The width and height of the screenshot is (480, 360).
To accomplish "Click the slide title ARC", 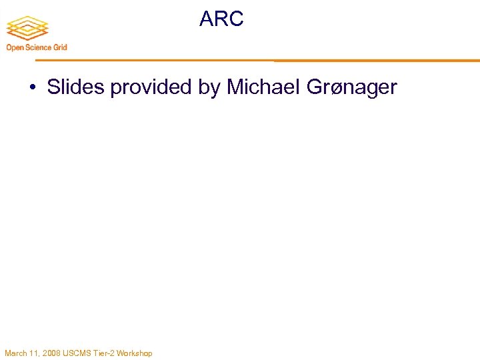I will pos(221,19).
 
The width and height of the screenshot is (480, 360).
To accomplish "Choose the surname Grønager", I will pos(355,87).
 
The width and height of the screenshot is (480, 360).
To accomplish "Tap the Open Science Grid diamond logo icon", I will pos(27,27).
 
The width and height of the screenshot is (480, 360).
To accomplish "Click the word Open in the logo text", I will pos(15,47).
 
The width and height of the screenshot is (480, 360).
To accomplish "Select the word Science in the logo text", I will pos(39,47).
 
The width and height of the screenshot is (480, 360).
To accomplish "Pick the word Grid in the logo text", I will pos(60,47).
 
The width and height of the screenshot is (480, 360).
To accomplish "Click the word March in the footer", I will pos(16,353).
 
